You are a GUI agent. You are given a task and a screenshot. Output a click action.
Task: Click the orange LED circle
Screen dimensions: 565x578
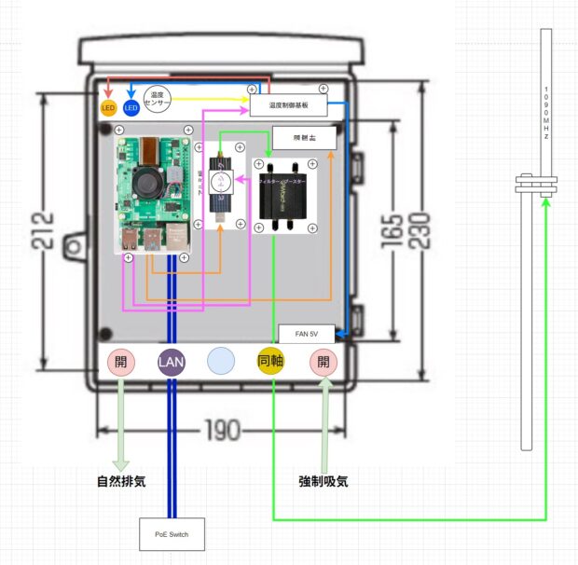[x=108, y=108]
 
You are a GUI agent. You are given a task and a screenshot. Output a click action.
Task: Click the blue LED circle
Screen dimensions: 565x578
[x=131, y=108]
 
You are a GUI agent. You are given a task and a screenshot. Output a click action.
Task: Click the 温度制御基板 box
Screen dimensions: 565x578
[x=288, y=105]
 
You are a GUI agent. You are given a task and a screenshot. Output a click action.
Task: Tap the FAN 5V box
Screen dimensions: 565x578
[x=307, y=333]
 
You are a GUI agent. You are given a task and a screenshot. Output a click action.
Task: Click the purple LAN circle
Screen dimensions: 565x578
[x=172, y=361]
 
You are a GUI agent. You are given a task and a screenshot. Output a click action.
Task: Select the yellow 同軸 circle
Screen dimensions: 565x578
[x=271, y=361]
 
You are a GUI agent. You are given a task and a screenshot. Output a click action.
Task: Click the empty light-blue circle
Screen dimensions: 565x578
[x=222, y=361]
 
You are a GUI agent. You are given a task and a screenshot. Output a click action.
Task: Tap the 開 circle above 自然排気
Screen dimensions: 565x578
[x=122, y=361]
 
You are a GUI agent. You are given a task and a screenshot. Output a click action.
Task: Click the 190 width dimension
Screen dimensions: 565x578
[x=221, y=430]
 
